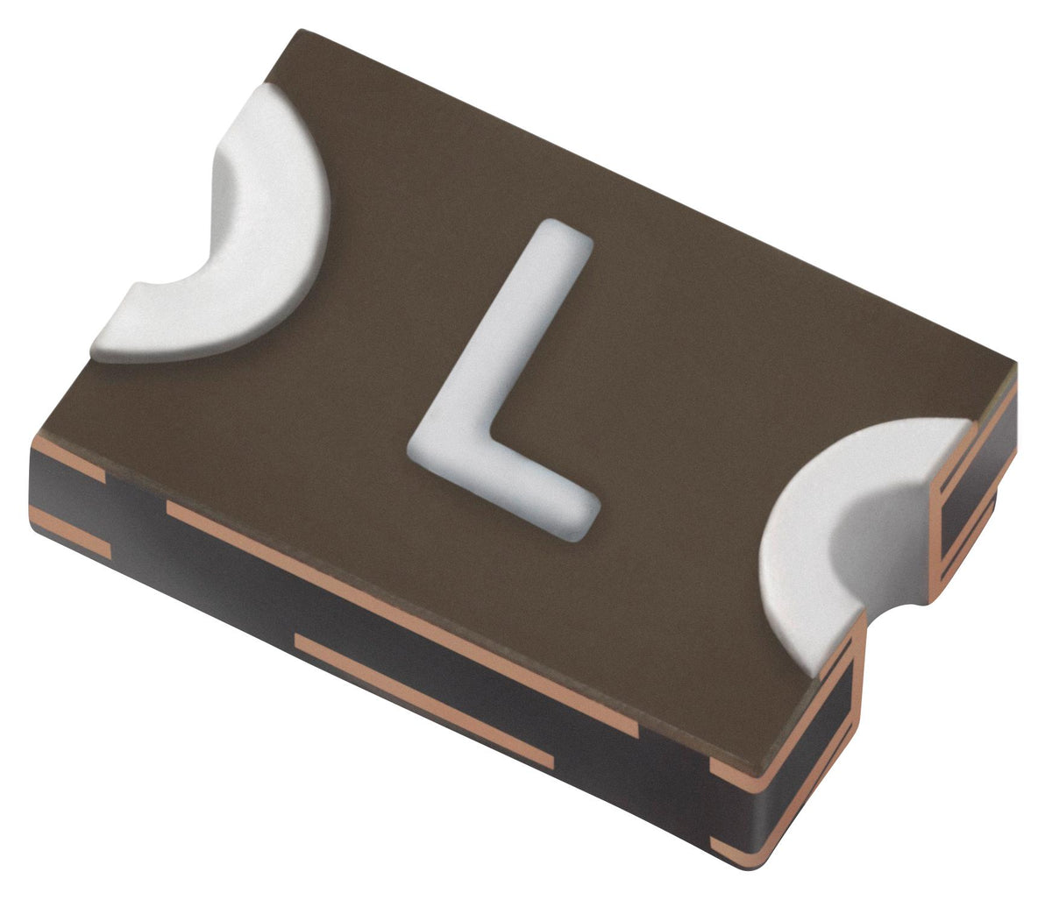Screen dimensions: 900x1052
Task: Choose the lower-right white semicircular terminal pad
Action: click(842, 526)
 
